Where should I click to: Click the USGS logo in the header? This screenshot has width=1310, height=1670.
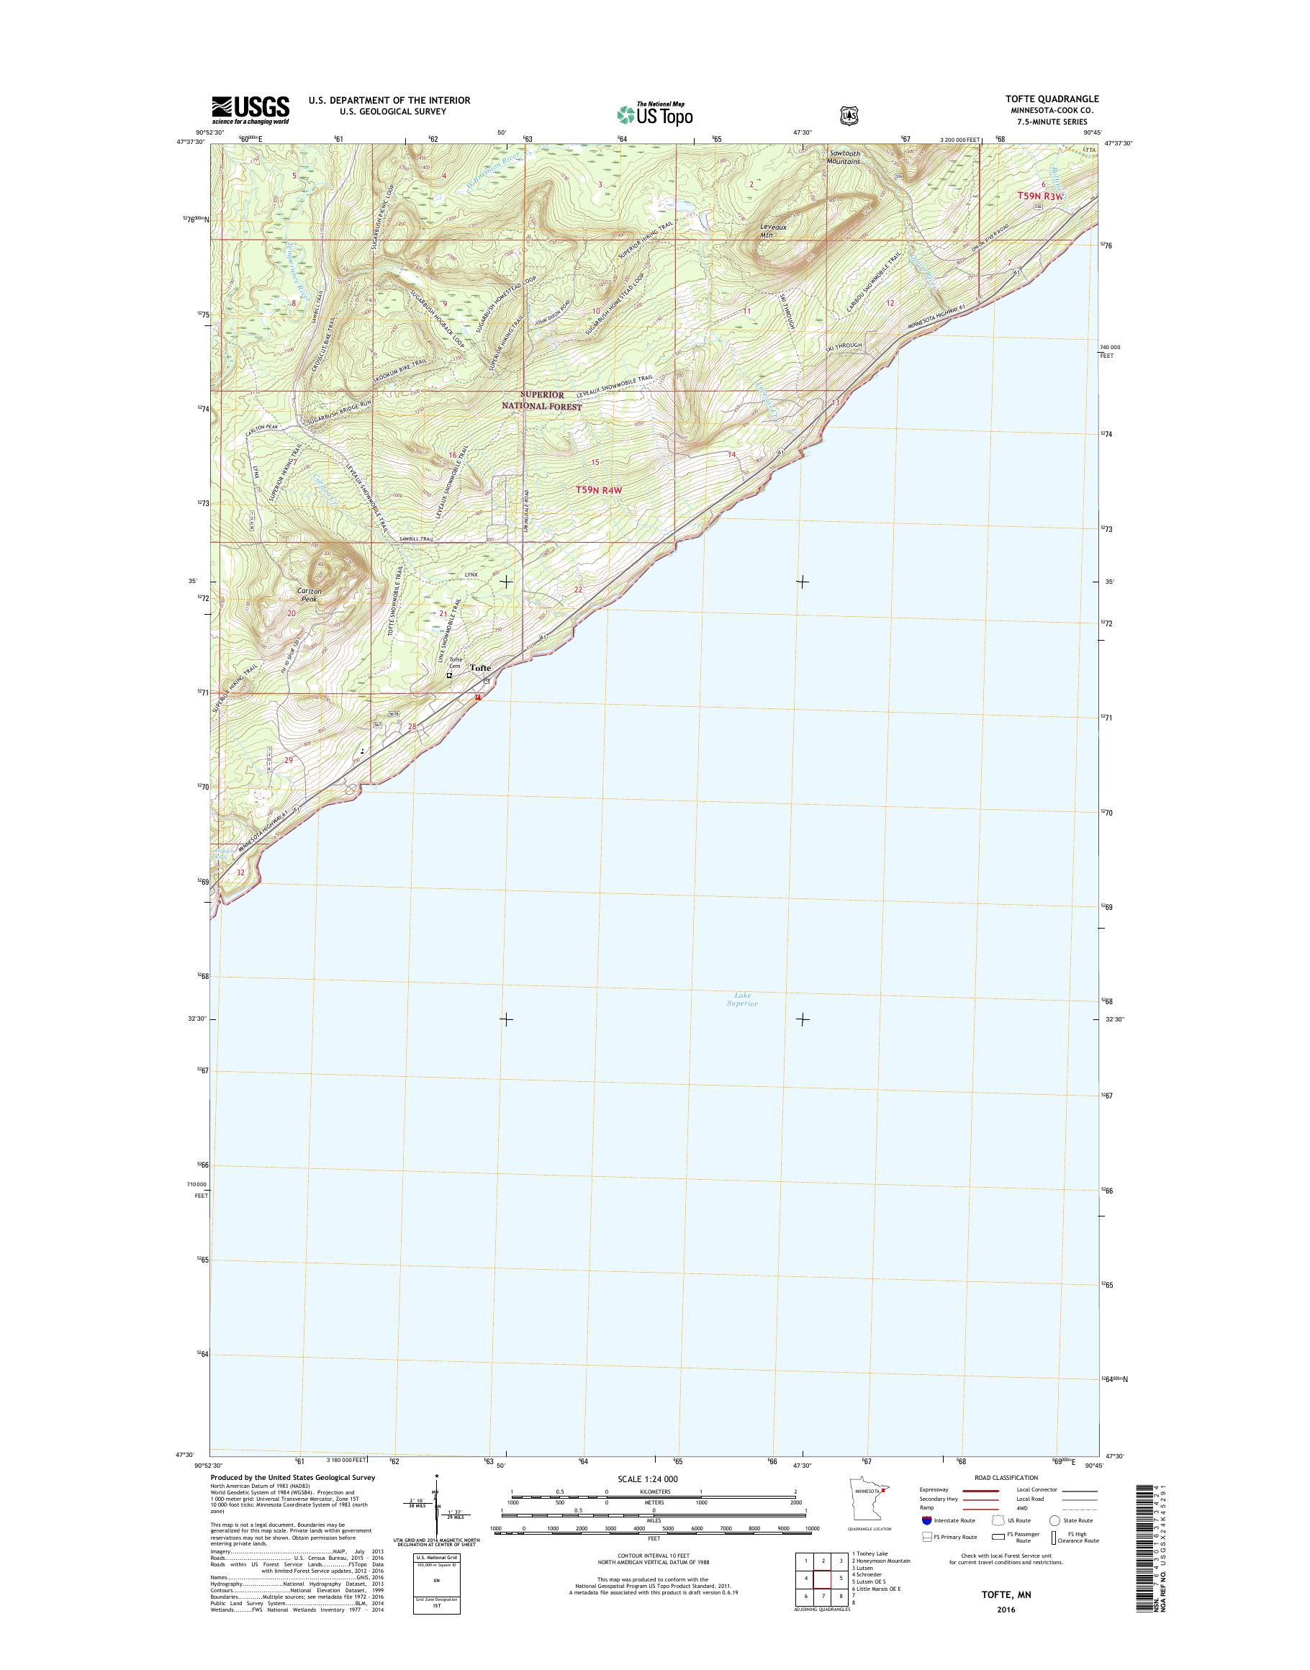point(250,110)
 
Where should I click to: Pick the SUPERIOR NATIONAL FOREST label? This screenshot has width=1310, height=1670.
point(541,400)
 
